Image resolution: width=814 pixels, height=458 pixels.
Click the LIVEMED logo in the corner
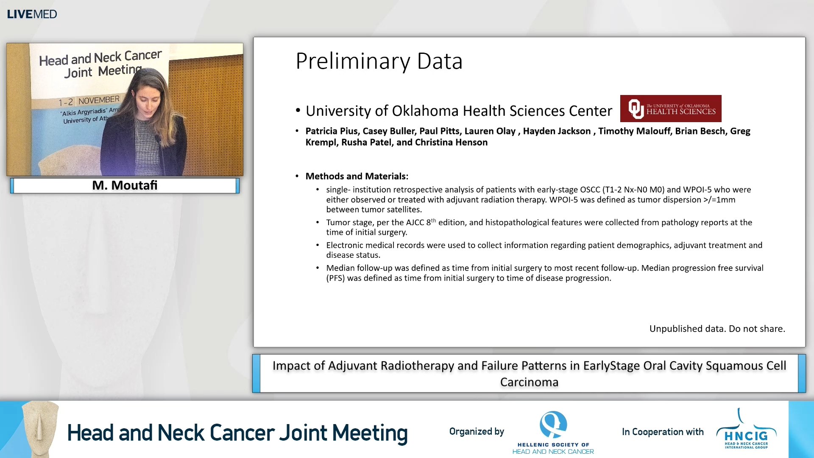(x=32, y=14)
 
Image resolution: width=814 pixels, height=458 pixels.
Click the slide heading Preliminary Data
(x=379, y=61)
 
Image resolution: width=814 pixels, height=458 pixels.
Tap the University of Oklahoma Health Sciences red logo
(x=670, y=109)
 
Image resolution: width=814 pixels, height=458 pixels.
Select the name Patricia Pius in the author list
(x=331, y=131)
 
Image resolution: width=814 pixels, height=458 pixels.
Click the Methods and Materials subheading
(x=357, y=176)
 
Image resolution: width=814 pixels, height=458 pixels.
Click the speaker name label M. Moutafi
(x=125, y=185)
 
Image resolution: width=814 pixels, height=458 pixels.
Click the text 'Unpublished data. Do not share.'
(x=717, y=329)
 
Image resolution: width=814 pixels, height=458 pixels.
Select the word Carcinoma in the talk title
(x=529, y=382)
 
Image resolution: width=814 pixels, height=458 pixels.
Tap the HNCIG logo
(x=746, y=430)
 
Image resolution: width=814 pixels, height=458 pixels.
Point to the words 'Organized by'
(x=477, y=431)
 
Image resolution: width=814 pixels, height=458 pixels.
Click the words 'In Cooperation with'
(x=662, y=432)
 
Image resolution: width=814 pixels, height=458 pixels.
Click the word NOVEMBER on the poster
(x=99, y=100)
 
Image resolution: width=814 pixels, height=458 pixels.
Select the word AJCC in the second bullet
(x=415, y=223)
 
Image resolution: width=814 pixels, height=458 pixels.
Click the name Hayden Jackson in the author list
(x=556, y=131)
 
